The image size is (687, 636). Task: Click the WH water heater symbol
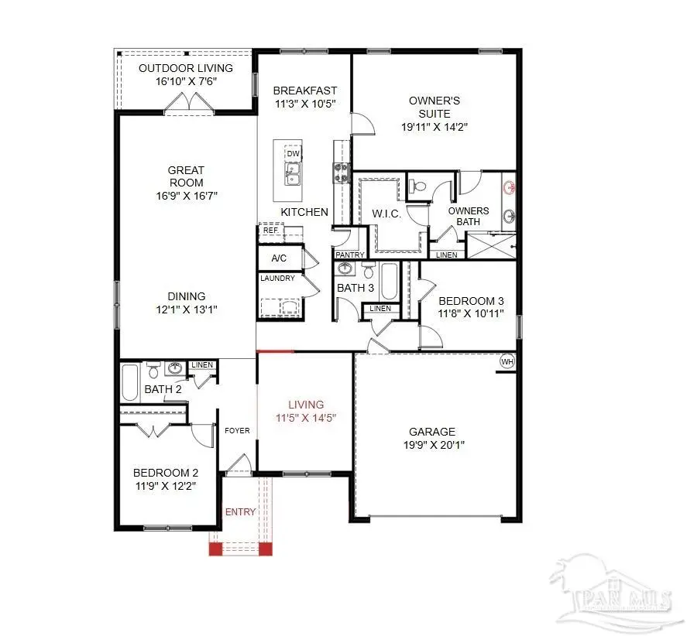(507, 361)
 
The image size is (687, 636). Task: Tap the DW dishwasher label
(293, 154)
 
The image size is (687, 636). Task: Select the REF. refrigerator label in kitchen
(270, 231)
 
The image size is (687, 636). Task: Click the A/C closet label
(280, 258)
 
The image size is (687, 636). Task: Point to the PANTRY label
(349, 255)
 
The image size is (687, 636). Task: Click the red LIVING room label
(306, 405)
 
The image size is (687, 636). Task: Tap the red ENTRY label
(240, 512)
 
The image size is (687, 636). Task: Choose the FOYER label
(237, 430)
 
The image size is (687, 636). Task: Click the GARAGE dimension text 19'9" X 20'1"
(433, 445)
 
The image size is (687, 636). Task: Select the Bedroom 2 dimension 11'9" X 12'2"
(166, 486)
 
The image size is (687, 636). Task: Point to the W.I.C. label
(386, 214)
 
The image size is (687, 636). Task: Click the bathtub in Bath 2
(130, 383)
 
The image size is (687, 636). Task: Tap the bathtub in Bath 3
(389, 283)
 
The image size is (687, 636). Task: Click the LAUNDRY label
(277, 279)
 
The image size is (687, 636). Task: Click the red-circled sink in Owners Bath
(509, 188)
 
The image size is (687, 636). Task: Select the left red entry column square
(215, 549)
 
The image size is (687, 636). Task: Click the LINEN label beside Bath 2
(202, 365)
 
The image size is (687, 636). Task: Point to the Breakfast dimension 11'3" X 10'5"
(305, 104)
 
